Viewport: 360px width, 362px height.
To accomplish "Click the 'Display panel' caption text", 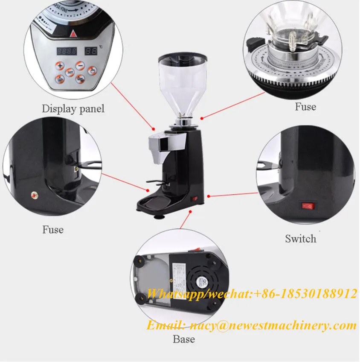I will (x=73, y=108).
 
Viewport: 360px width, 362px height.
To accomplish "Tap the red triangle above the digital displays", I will (x=73, y=34).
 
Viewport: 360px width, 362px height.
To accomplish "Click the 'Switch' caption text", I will (x=301, y=239).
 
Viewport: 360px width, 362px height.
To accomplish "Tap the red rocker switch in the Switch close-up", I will (x=308, y=206).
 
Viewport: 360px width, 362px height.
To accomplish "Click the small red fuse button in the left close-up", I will (x=33, y=195).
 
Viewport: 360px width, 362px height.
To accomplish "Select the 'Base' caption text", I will (x=184, y=339).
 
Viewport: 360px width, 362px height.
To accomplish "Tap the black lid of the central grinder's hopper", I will (x=177, y=57).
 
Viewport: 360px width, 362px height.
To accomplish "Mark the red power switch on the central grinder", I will (x=195, y=198).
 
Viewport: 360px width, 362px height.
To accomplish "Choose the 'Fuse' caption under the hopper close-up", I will (x=305, y=106).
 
